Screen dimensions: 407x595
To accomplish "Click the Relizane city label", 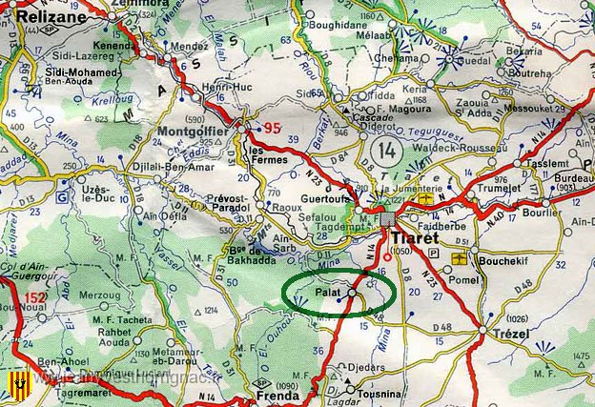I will click(x=34, y=16).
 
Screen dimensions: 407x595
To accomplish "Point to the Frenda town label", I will click(x=270, y=395).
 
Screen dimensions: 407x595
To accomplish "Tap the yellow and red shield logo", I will click(x=14, y=385).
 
